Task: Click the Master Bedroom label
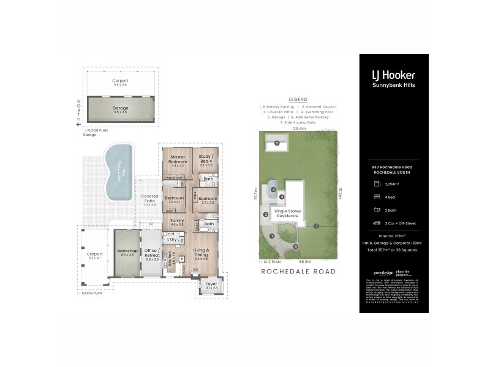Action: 178,160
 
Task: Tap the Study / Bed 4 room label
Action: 206,160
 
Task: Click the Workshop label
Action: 127,251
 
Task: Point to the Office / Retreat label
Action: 151,254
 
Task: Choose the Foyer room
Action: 211,284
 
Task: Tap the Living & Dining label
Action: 202,252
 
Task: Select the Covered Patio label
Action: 149,199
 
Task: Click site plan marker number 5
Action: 277,143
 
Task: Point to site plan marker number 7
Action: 316,226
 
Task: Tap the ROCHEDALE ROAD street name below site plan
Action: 298,271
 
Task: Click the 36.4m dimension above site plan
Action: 299,129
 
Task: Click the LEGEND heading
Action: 298,99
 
